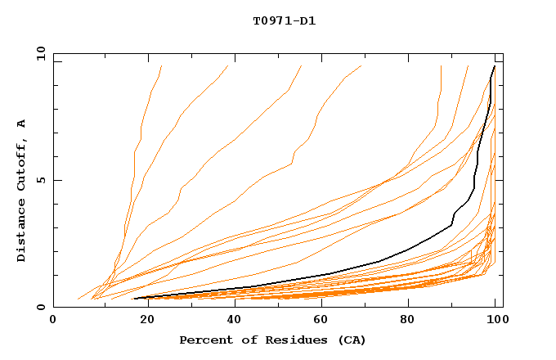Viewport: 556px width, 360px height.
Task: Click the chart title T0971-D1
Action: tap(284, 20)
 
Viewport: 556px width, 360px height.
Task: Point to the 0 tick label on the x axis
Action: tap(53, 321)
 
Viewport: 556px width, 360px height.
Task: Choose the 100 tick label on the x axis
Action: tap(495, 321)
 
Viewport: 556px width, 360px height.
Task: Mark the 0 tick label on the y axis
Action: tap(40, 308)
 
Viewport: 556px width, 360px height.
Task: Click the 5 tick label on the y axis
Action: tap(40, 180)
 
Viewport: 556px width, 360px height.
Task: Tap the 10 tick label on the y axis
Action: tap(38, 53)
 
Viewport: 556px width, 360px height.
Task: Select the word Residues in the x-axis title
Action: tap(280, 340)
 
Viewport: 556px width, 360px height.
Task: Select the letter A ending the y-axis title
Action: tap(21, 124)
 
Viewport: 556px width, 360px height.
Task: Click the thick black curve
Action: tap(379, 261)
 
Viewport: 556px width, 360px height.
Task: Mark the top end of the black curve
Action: tap(495, 66)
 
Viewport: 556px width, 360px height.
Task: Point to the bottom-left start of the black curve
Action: tap(133, 299)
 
